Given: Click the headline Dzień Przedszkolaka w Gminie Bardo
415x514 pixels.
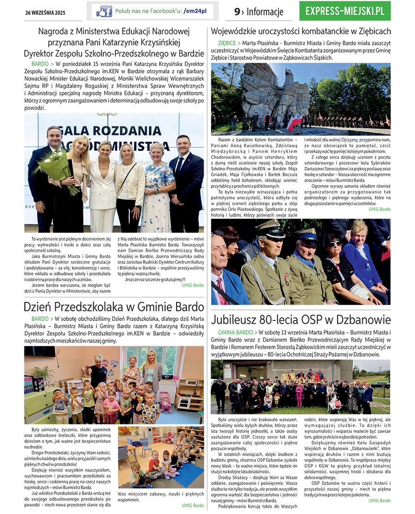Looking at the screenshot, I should (114, 307).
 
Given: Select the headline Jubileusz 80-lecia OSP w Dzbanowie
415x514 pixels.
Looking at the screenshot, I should (301, 320).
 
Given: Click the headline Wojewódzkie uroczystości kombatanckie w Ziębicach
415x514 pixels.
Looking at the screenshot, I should (301, 31).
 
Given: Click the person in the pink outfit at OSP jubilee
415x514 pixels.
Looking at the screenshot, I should (299, 395).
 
